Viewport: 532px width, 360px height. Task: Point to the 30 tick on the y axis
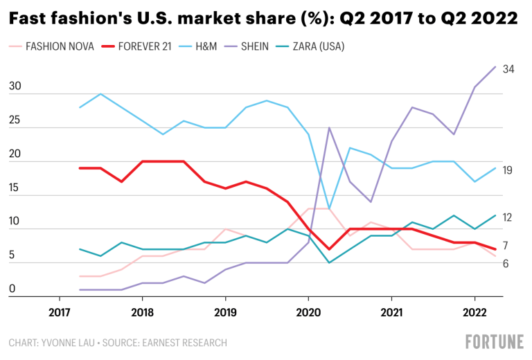pyautogui.click(x=14, y=87)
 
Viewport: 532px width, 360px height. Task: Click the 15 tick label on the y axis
pyautogui.click(x=14, y=188)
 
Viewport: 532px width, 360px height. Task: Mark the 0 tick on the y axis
pyautogui.click(x=11, y=289)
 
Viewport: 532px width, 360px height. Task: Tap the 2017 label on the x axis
pyautogui.click(x=59, y=312)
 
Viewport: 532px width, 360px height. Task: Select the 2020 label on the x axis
pyautogui.click(x=308, y=312)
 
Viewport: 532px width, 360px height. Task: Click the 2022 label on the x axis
pyautogui.click(x=475, y=312)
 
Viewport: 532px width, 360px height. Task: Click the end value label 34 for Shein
pyautogui.click(x=508, y=69)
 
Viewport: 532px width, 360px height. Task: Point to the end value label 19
pyautogui.click(x=507, y=170)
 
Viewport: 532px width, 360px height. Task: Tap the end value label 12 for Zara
pyautogui.click(x=507, y=217)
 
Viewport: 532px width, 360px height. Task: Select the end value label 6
pyautogui.click(x=506, y=264)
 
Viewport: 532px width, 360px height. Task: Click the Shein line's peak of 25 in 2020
pyautogui.click(x=329, y=128)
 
